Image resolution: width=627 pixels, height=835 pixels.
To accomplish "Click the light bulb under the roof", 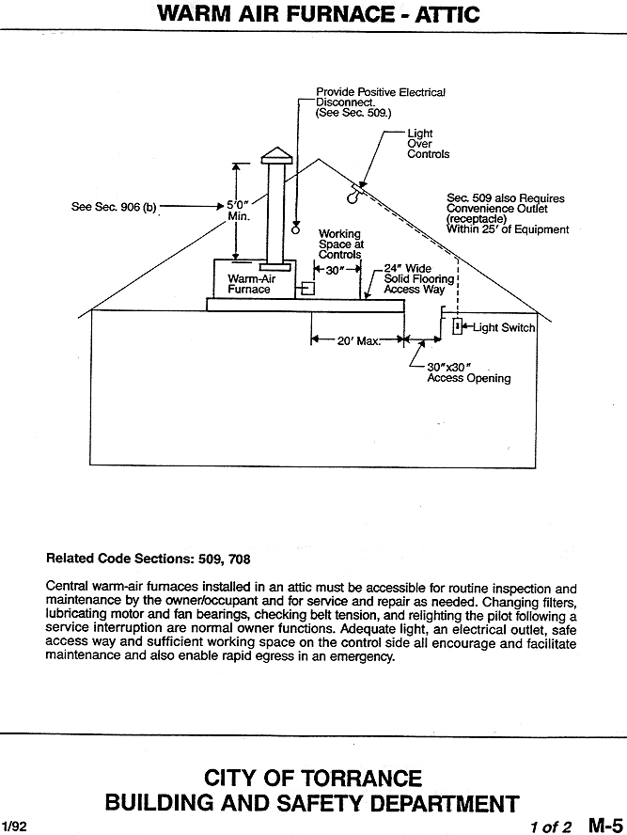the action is click(x=352, y=196).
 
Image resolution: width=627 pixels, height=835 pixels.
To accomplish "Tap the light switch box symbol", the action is click(x=457, y=326).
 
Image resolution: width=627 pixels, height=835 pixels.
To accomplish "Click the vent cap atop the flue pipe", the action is click(x=276, y=155).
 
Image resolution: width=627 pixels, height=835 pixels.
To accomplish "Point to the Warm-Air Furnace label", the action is click(x=251, y=284).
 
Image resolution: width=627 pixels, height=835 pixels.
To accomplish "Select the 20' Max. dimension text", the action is click(x=359, y=340).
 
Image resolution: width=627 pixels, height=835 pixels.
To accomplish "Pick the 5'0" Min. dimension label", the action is click(x=239, y=211).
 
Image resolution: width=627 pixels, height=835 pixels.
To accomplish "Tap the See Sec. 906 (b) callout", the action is click(x=114, y=207).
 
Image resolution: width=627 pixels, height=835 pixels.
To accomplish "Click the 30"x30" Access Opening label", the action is click(x=468, y=372).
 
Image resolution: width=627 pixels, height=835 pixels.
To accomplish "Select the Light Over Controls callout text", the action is click(x=428, y=144).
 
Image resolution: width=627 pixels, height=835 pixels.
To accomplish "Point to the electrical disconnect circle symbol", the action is click(x=296, y=229).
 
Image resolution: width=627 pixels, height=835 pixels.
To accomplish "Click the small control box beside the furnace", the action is click(x=308, y=288).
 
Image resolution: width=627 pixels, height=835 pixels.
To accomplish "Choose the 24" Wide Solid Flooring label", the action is click(x=419, y=279).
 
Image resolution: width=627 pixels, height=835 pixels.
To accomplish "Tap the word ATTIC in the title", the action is click(x=447, y=14).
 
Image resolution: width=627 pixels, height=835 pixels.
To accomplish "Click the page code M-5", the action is click(x=605, y=825).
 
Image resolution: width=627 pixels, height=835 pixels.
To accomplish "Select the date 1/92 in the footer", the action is click(x=13, y=827).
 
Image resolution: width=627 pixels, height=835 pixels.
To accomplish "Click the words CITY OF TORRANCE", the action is click(x=313, y=778).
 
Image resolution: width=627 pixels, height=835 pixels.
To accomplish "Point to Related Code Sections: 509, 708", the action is click(x=148, y=559).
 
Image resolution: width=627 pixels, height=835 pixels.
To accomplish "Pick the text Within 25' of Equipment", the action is click(x=508, y=229).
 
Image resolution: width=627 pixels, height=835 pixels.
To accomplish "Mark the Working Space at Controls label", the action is click(x=341, y=244).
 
